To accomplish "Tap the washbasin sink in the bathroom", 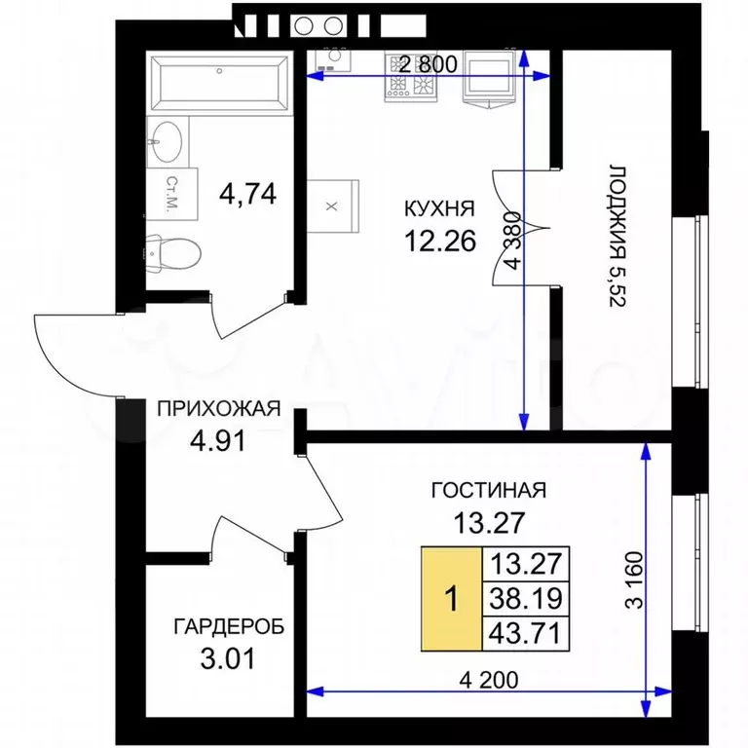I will pyautogui.click(x=168, y=142).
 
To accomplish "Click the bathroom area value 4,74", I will pyautogui.click(x=248, y=193).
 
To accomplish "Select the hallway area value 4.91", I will pyautogui.click(x=218, y=439).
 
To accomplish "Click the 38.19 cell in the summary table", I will pyautogui.click(x=526, y=598).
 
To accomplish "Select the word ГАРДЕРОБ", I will pyautogui.click(x=228, y=627).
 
